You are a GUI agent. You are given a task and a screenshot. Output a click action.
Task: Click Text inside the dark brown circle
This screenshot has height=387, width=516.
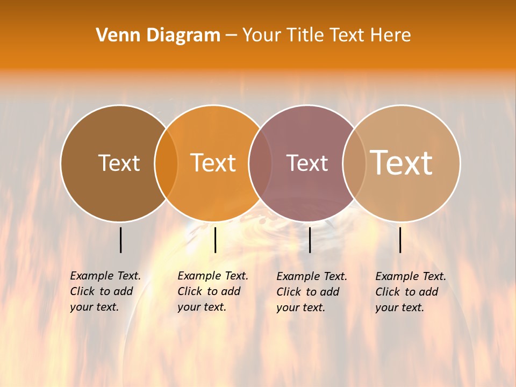click(x=119, y=163)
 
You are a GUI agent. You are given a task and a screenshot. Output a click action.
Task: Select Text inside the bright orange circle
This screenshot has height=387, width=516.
click(x=213, y=163)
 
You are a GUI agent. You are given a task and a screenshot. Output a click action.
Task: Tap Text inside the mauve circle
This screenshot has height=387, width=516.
click(x=307, y=163)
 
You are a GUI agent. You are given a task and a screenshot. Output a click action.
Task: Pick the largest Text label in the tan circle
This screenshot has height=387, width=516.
click(x=402, y=162)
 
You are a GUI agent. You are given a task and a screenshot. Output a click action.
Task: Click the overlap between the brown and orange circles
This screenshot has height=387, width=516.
click(x=166, y=163)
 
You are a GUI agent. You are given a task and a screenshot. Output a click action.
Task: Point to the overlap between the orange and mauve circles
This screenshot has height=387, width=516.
click(x=260, y=163)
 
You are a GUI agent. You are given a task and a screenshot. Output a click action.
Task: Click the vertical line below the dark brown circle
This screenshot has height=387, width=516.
click(x=121, y=240)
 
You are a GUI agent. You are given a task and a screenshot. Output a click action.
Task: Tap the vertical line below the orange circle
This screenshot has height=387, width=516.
click(x=215, y=240)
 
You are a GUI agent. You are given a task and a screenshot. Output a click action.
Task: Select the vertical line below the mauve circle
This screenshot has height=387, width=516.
click(x=310, y=240)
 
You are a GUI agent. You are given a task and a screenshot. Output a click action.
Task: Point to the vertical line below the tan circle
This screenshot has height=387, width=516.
click(x=400, y=240)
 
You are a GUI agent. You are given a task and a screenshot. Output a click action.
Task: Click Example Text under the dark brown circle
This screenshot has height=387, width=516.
click(x=105, y=276)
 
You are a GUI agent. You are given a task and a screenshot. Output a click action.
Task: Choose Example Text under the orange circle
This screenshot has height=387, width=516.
click(x=213, y=276)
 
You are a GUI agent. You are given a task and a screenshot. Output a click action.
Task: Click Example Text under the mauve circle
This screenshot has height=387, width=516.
click(x=312, y=276)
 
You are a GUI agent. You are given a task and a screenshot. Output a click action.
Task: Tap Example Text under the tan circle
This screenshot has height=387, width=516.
click(x=411, y=276)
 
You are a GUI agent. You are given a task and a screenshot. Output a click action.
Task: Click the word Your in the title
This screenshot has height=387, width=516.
click(x=261, y=35)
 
